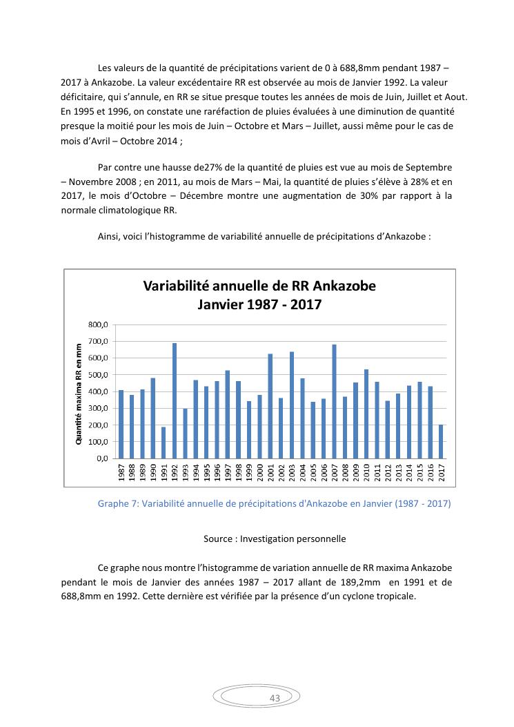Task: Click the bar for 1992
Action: tap(175, 400)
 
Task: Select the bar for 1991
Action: tap(164, 443)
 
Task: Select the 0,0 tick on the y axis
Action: tap(102, 458)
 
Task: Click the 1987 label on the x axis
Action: tap(121, 474)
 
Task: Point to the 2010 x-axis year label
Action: tap(366, 474)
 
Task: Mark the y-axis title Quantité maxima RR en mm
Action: tap(79, 391)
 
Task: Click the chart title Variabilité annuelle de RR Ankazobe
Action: tap(259, 286)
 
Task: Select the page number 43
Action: tap(275, 699)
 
